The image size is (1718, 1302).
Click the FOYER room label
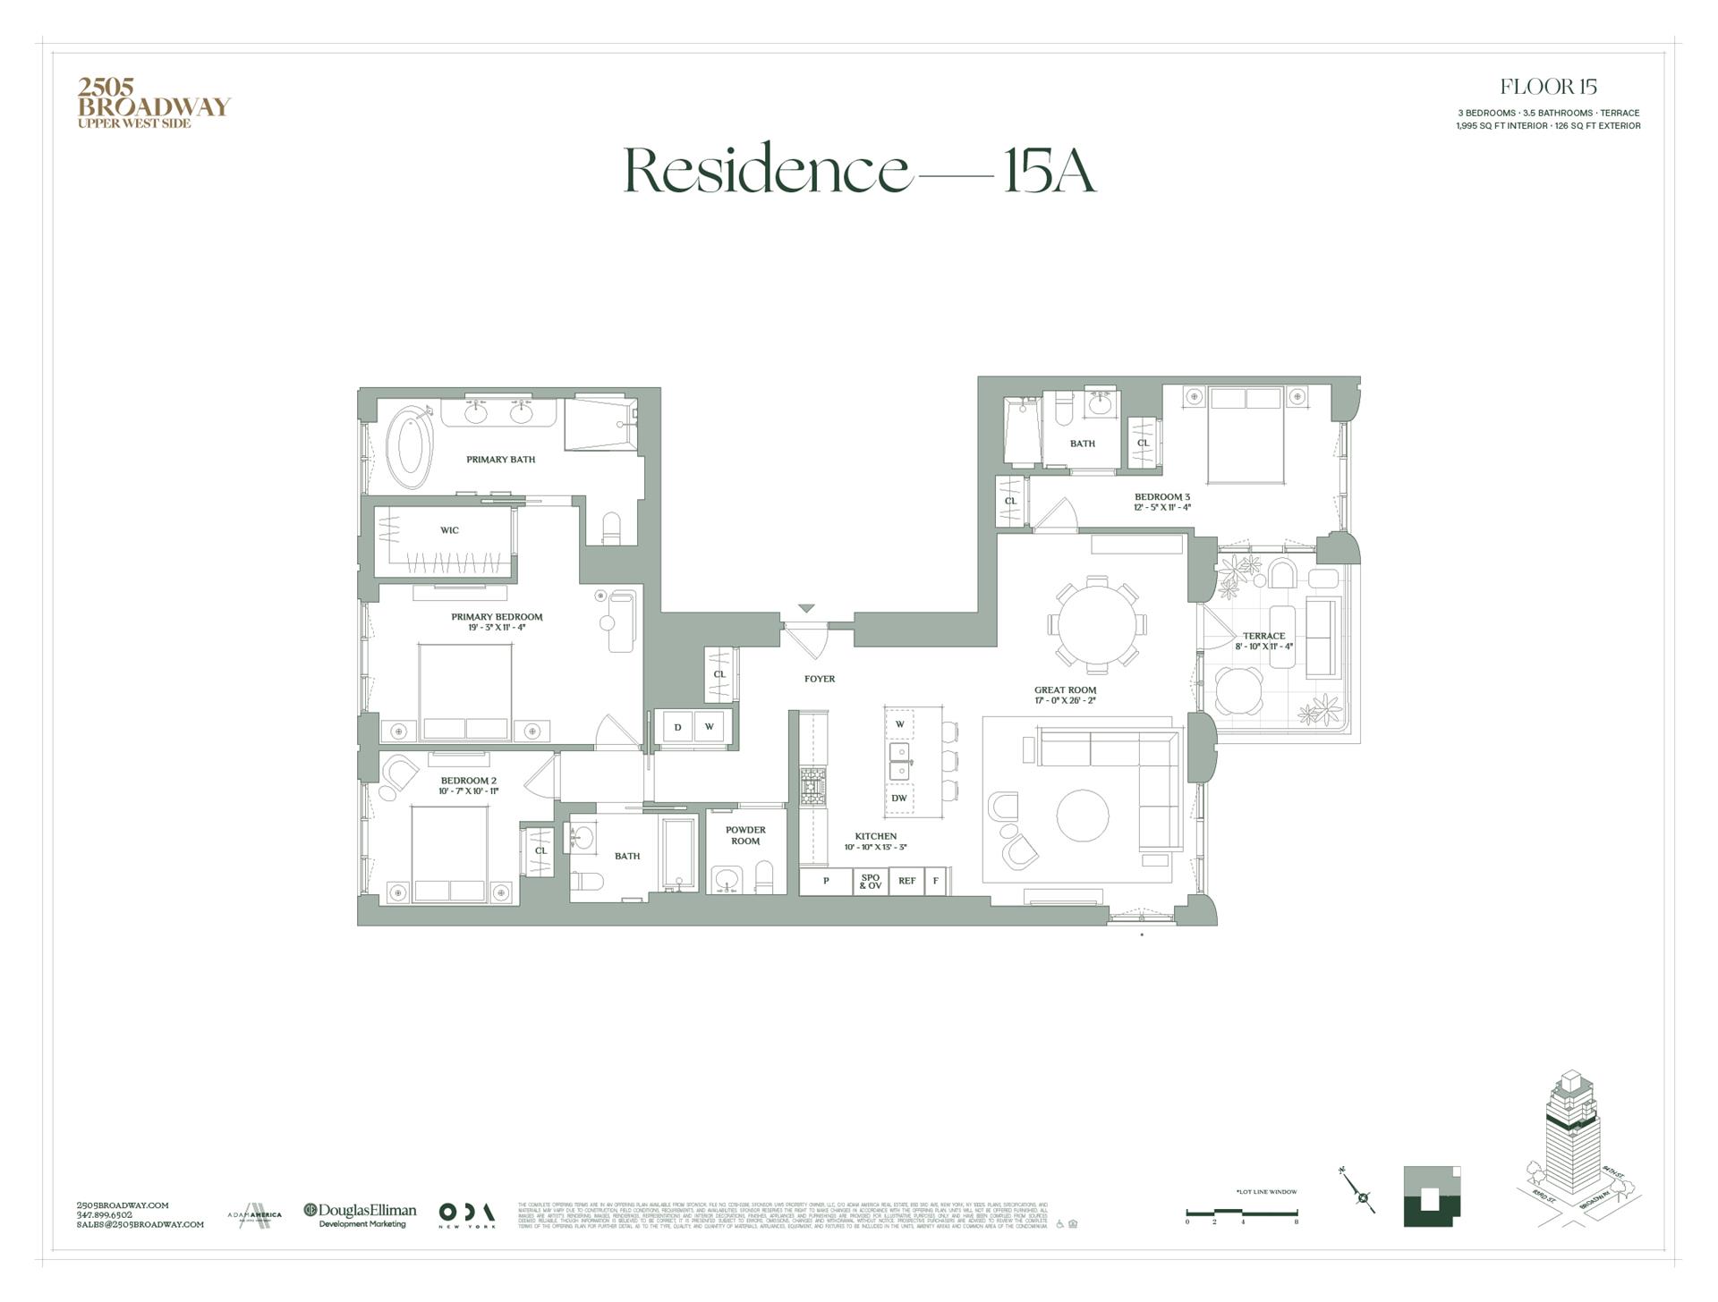click(x=819, y=679)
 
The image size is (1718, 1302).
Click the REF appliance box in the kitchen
click(x=906, y=881)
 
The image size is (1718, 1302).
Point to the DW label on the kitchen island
click(x=899, y=799)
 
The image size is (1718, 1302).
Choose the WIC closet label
click(x=449, y=530)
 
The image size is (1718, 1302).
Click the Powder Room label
click(x=745, y=835)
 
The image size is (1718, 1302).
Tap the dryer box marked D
click(x=677, y=727)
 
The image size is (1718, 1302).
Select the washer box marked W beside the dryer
click(x=709, y=727)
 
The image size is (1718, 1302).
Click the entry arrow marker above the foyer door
click(x=806, y=609)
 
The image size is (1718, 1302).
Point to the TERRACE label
click(x=1263, y=636)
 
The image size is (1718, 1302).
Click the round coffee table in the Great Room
click(x=1083, y=816)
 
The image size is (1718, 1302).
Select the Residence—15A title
click(x=859, y=170)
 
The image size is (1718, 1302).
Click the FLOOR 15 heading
click(x=1548, y=87)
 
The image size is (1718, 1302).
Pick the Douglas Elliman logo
click(x=360, y=1214)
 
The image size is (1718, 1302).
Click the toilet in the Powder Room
click(x=763, y=877)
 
